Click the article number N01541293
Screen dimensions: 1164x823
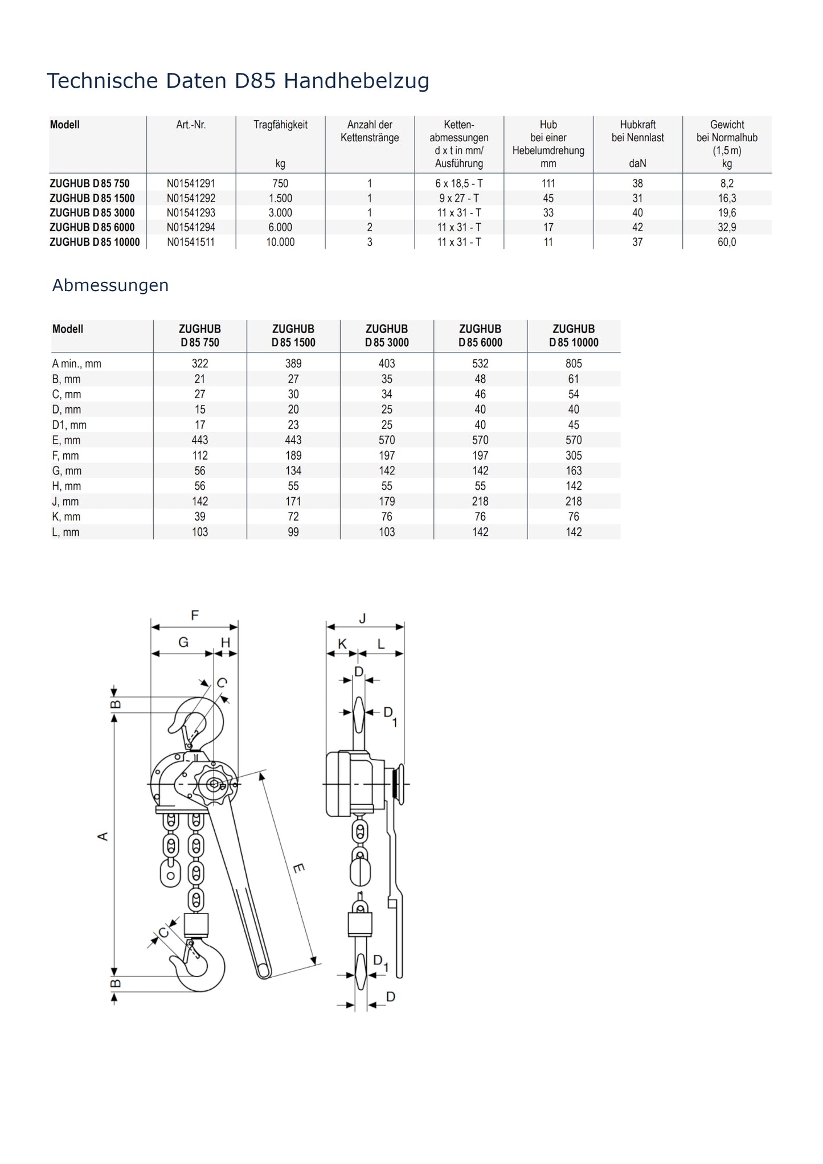tap(191, 213)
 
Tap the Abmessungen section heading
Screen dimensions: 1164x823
tap(110, 285)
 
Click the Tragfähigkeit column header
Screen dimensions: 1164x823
tap(280, 125)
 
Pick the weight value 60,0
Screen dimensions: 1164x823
tap(727, 242)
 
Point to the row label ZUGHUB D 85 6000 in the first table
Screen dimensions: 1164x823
tap(92, 227)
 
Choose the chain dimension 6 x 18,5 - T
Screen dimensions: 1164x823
tap(459, 183)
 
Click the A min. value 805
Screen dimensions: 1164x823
tap(574, 363)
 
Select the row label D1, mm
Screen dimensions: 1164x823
tap(69, 425)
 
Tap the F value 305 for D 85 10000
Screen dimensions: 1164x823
tap(574, 456)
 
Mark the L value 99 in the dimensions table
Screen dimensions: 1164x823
tap(293, 532)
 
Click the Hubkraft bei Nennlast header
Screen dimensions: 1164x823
tap(637, 131)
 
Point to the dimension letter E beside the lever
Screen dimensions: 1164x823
tap(299, 868)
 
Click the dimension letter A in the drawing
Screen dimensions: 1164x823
tap(103, 837)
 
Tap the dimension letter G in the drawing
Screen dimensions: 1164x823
tap(183, 642)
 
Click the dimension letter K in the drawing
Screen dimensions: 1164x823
tap(342, 644)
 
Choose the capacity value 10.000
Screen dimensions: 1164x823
tap(280, 242)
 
